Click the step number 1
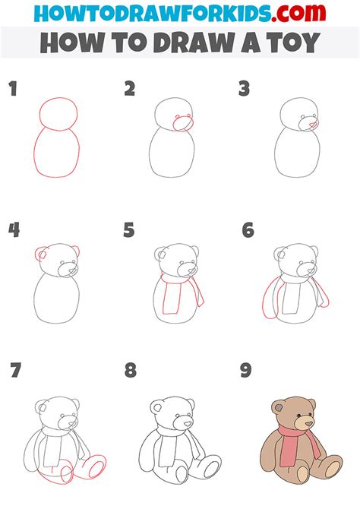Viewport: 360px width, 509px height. coord(12,90)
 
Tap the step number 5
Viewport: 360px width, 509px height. coord(129,229)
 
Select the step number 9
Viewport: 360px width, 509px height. coord(246,371)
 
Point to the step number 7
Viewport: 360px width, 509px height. coord(15,371)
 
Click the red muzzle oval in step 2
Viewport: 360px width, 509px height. coord(183,124)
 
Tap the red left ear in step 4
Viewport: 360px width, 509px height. coord(40,254)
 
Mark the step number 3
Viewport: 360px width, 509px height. coord(244,90)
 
